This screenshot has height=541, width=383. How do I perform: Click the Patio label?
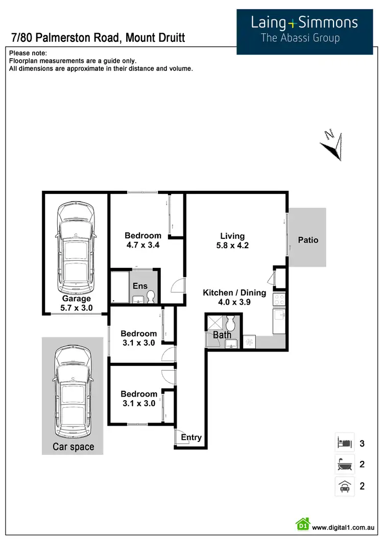coord(308,239)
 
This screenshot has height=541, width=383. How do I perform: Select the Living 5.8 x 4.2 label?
coord(232,240)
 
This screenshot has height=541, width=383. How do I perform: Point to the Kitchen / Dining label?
coord(234,297)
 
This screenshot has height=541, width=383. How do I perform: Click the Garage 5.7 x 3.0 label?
coord(77,303)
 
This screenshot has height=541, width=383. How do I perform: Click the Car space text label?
coord(74,447)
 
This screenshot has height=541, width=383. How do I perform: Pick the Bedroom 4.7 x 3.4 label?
coord(143,240)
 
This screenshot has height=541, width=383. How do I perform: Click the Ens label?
coord(140,286)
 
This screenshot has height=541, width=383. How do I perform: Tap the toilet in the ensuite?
coord(150,297)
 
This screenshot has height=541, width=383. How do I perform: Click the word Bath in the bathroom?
coord(222,335)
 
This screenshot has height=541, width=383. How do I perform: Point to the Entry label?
coord(192,437)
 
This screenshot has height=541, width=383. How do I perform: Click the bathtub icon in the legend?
coord(344,464)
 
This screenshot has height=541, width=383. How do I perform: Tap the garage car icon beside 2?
coord(344,486)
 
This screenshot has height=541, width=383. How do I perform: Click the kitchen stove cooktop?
coord(279,299)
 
